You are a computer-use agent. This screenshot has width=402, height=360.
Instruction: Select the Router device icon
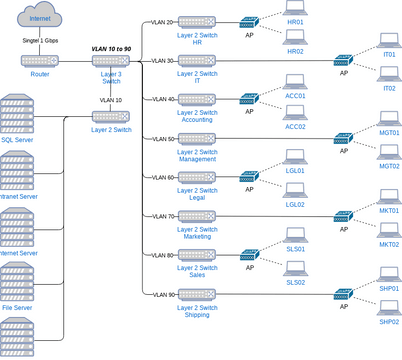pyautogui.click(x=41, y=60)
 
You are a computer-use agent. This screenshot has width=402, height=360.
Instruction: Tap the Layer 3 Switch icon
pyautogui.click(x=110, y=60)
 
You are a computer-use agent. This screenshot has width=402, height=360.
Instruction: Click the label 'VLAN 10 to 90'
pyautogui.click(x=110, y=47)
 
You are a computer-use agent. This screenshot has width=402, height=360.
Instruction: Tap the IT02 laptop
pyautogui.click(x=389, y=74)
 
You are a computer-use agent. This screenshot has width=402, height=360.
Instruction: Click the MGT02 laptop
pyautogui.click(x=389, y=152)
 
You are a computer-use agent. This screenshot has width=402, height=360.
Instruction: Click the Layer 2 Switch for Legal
pyautogui.click(x=196, y=176)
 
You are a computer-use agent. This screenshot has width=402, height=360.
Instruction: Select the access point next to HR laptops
pyautogui.click(x=249, y=21)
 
